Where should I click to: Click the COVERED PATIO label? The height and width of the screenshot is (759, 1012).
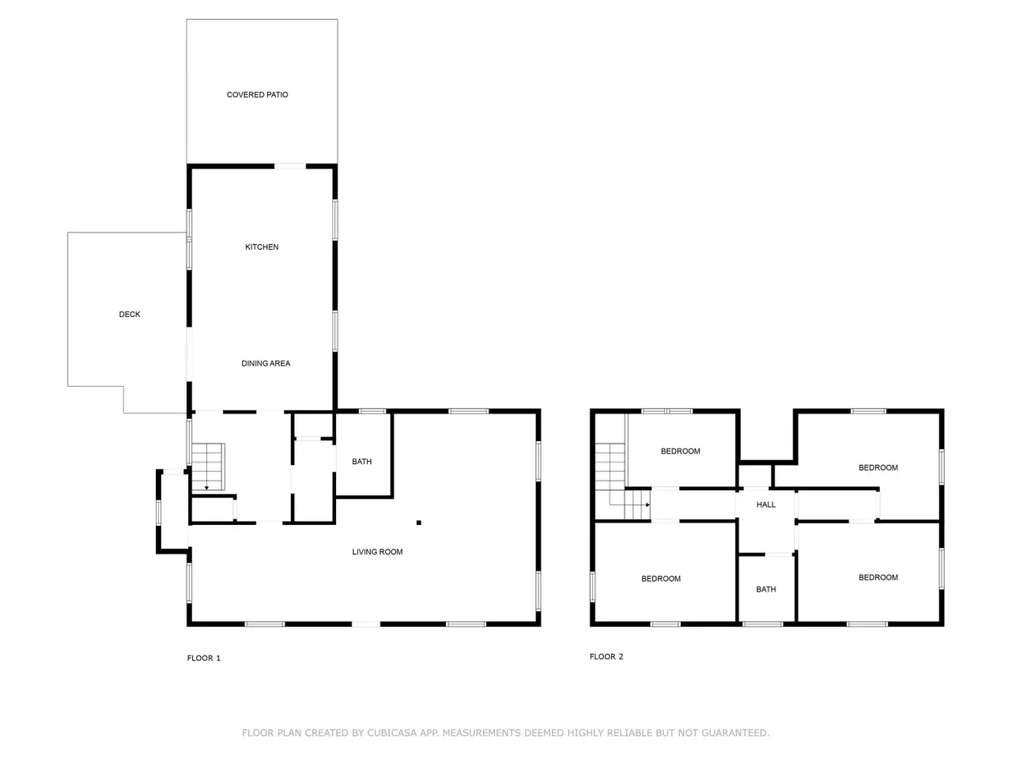[257, 94]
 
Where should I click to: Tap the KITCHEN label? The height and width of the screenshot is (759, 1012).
[262, 247]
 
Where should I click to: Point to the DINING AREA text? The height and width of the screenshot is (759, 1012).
[266, 363]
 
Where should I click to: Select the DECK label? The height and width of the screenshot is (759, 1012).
[130, 315]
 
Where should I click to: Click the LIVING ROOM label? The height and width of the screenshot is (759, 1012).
[377, 552]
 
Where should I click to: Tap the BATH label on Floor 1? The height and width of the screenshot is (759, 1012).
[361, 461]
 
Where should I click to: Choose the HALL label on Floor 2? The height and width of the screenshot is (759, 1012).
[766, 504]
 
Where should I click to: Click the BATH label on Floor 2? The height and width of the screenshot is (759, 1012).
[766, 589]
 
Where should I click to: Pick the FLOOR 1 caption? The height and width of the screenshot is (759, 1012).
[204, 658]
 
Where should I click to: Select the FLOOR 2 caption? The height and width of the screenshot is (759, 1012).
[606, 657]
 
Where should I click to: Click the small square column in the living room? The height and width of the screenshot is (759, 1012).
[418, 523]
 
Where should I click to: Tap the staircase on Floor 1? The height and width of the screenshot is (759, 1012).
[208, 466]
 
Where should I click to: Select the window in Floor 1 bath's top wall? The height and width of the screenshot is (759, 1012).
[372, 411]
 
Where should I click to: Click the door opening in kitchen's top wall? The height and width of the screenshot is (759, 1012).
[290, 166]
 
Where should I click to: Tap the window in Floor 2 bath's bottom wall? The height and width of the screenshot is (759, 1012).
[763, 624]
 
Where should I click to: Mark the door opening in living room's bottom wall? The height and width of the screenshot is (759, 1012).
[366, 624]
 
